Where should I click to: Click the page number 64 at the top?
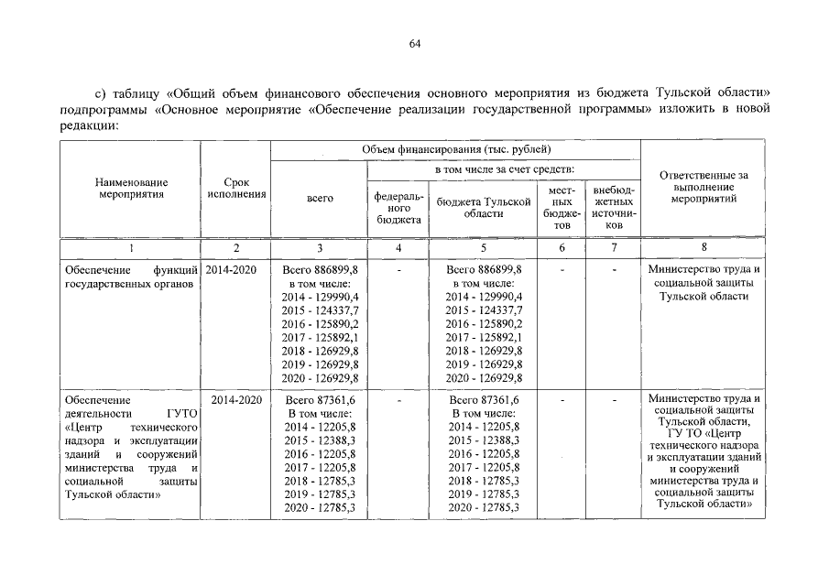(414, 43)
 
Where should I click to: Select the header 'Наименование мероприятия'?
(132, 189)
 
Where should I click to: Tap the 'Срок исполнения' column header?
(236, 189)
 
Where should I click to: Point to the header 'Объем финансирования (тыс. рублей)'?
(456, 148)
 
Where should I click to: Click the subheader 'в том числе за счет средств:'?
(504, 168)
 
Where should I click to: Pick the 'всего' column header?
(320, 198)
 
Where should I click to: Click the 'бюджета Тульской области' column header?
(485, 206)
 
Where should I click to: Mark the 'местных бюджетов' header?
(562, 207)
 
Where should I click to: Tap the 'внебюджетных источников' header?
(614, 207)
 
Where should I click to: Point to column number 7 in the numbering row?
(614, 248)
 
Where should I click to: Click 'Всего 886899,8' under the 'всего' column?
(321, 270)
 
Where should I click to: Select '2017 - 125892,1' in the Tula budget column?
(485, 337)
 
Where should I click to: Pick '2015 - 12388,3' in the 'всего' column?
(321, 441)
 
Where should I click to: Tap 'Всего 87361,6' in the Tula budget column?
(485, 400)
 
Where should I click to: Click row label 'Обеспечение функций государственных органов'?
(132, 277)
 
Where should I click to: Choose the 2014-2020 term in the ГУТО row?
(236, 400)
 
